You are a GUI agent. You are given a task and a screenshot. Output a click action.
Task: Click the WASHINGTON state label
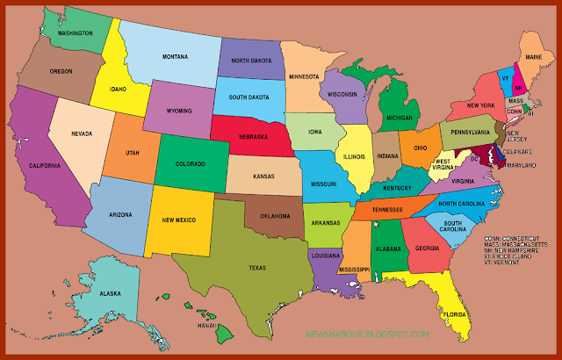click(76, 33)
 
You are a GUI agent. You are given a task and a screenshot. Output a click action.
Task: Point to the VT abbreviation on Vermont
click(505, 77)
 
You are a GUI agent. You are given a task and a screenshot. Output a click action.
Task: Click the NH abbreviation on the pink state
click(518, 88)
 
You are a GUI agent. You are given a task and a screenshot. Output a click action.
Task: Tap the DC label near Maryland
click(473, 159)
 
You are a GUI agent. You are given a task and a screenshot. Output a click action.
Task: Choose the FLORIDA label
click(456, 313)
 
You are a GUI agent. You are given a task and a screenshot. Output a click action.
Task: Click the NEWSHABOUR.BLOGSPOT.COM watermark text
click(368, 335)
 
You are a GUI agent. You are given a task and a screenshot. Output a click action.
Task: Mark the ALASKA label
click(110, 294)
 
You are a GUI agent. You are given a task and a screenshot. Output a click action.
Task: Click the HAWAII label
click(206, 326)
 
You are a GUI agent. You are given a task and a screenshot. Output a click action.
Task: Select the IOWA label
click(315, 133)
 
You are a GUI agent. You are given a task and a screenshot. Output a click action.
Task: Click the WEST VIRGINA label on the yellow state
click(443, 164)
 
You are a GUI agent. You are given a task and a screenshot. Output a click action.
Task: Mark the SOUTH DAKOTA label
click(248, 98)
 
